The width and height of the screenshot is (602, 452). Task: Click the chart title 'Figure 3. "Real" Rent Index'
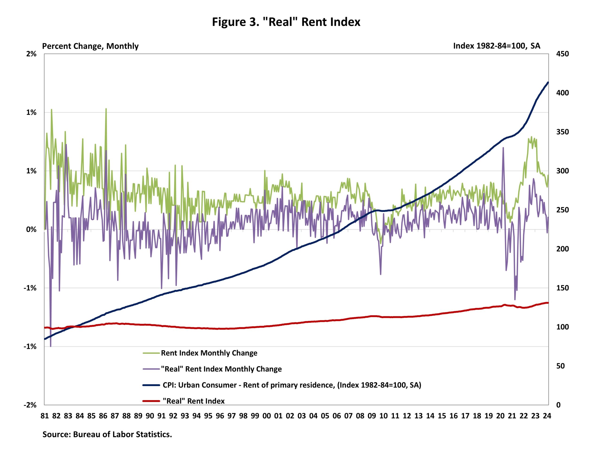click(x=286, y=22)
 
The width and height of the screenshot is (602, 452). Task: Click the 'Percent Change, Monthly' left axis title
click(x=90, y=46)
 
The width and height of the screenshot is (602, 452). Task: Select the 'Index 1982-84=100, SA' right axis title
click(x=496, y=46)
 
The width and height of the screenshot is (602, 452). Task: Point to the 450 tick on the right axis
click(x=562, y=54)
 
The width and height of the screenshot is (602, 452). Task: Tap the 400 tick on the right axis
click(x=562, y=93)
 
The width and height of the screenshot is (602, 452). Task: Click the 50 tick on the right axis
click(x=560, y=366)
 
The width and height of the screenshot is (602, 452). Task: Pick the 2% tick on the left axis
click(x=31, y=54)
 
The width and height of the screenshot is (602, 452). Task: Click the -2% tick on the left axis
click(x=30, y=405)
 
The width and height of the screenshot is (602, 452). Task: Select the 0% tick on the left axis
click(x=31, y=229)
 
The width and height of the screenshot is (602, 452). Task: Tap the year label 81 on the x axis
click(x=45, y=416)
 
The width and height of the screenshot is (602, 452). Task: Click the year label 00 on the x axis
click(x=266, y=416)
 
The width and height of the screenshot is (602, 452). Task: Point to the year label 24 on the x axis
click(x=547, y=416)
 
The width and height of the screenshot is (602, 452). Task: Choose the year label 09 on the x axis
click(x=372, y=416)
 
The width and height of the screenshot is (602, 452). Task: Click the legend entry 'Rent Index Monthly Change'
click(x=209, y=353)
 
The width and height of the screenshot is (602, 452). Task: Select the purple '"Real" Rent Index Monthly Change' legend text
click(x=221, y=369)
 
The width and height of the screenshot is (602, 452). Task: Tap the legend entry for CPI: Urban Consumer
click(x=292, y=385)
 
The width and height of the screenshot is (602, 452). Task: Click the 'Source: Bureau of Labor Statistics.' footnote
click(x=107, y=435)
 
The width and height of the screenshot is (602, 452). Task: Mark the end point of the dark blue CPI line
click(x=548, y=83)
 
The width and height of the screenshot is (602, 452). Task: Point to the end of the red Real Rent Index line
click(x=548, y=303)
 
